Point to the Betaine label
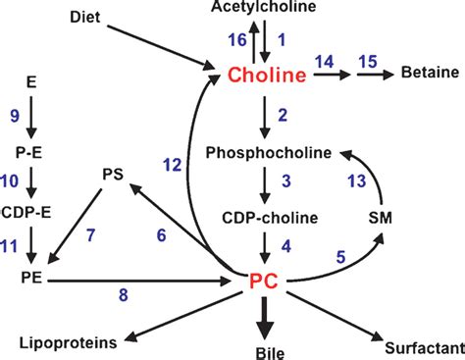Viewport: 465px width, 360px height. click(424, 74)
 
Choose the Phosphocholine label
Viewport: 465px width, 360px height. click(267, 152)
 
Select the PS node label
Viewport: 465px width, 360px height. click(116, 175)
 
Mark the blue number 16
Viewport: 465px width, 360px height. click(236, 39)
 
